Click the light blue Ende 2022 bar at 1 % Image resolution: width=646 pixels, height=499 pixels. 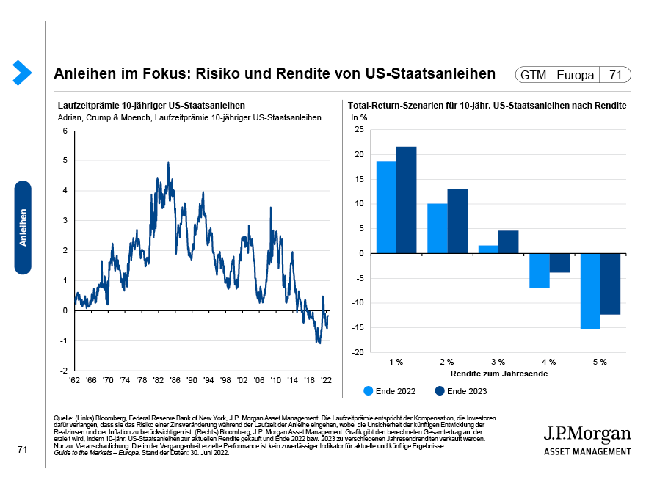point(386,207)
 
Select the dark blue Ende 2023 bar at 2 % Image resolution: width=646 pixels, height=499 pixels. point(457,221)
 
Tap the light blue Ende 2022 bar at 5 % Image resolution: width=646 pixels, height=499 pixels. point(590,291)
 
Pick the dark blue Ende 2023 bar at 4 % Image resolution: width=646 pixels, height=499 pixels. point(559,263)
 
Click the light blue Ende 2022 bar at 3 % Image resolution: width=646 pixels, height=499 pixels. point(488,249)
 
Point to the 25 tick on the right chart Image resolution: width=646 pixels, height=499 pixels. point(359,129)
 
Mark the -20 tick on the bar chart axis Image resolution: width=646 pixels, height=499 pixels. point(358,352)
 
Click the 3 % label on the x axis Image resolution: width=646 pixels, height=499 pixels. point(498,362)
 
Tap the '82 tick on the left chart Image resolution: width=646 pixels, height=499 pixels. point(159,380)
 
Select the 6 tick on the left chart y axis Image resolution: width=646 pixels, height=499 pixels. point(65,131)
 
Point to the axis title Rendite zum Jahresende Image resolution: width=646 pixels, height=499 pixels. point(498,374)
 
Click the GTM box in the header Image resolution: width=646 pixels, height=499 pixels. point(533,75)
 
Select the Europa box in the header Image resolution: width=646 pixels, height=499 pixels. point(576,75)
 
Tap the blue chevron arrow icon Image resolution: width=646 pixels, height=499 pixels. point(22,71)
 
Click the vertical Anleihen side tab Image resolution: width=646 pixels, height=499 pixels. point(23,227)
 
